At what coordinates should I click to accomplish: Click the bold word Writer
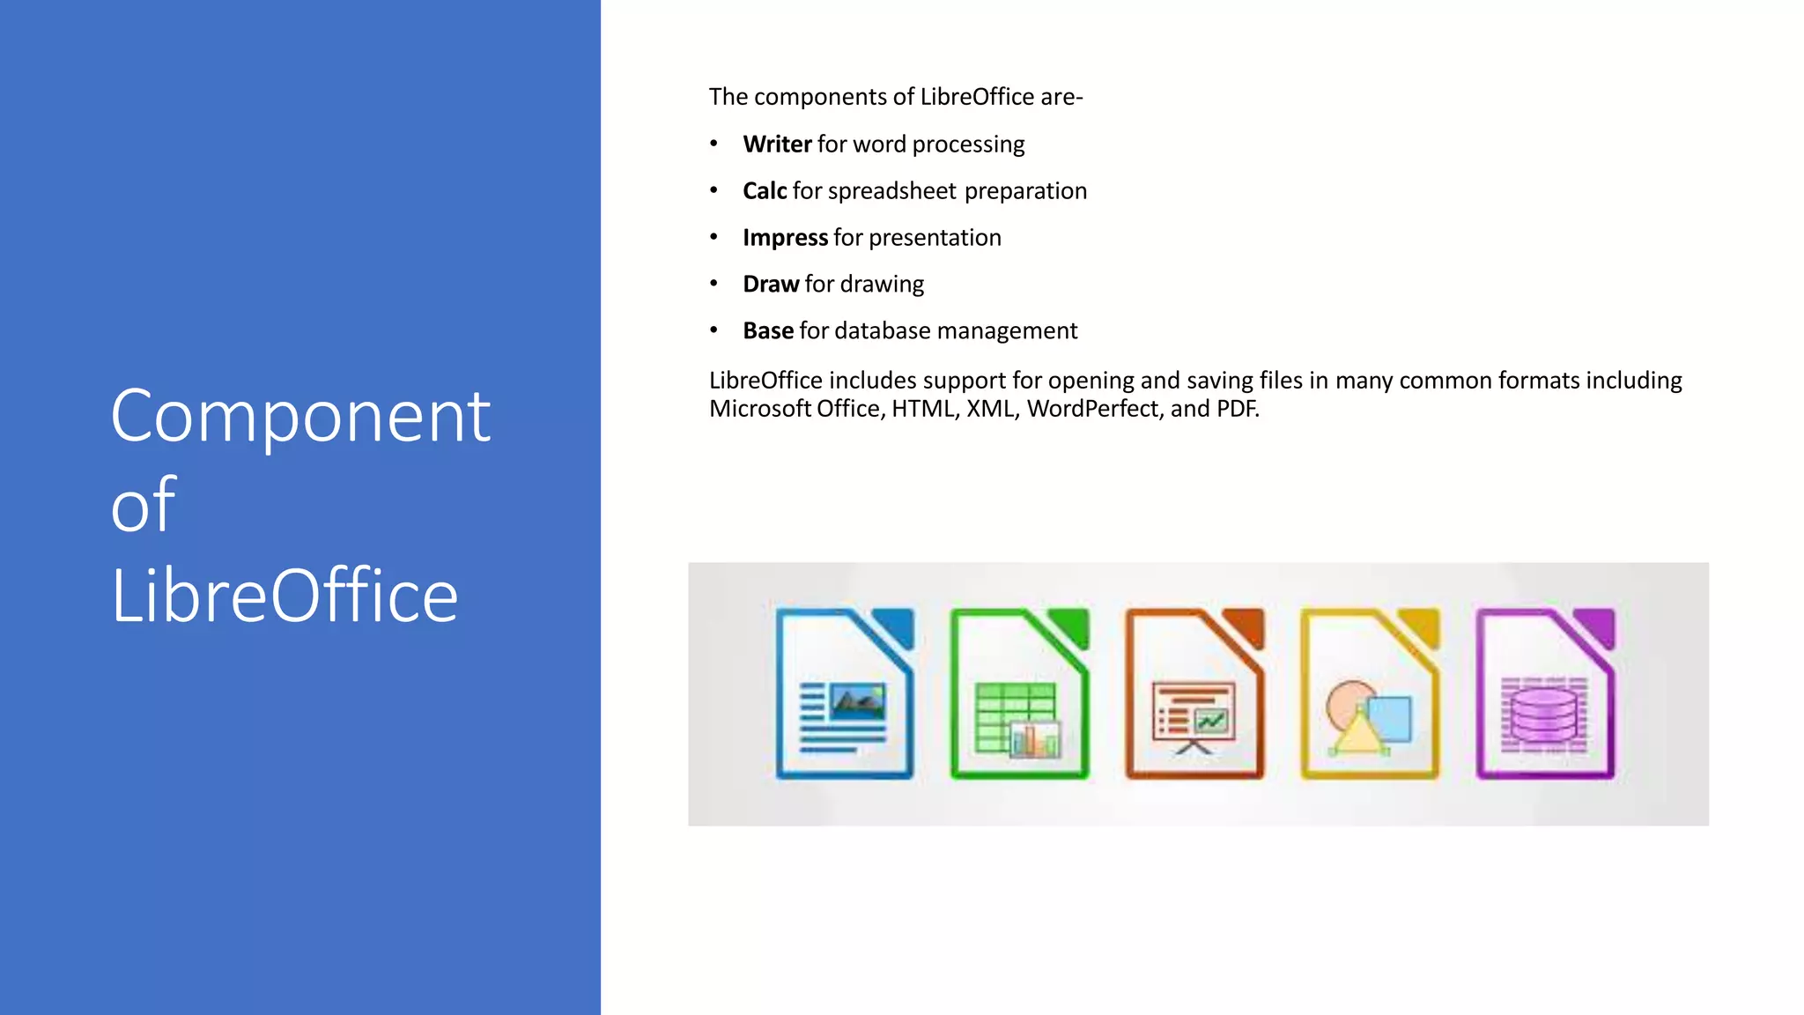pyautogui.click(x=777, y=144)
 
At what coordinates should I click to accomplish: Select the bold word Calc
pyautogui.click(x=764, y=191)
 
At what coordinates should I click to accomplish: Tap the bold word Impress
pyautogui.click(x=785, y=238)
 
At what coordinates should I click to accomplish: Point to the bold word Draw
pyautogui.click(x=770, y=285)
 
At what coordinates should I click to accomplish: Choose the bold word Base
pyautogui.click(x=767, y=331)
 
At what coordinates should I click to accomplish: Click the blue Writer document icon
pyautogui.click(x=844, y=694)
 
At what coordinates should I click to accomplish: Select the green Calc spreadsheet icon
pyautogui.click(x=1019, y=694)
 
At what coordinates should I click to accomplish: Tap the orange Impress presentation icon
pyautogui.click(x=1194, y=694)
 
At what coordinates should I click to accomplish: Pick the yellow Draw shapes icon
pyautogui.click(x=1370, y=694)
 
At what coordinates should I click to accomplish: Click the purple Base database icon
pyautogui.click(x=1545, y=694)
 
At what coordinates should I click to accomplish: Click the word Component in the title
pyautogui.click(x=299, y=417)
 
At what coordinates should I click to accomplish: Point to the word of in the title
pyautogui.click(x=143, y=505)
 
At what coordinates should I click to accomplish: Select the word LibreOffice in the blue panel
pyautogui.click(x=284, y=596)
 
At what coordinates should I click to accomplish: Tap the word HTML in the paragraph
pyautogui.click(x=923, y=409)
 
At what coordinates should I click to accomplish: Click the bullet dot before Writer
pyautogui.click(x=713, y=144)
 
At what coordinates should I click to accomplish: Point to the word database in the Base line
pyautogui.click(x=882, y=331)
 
